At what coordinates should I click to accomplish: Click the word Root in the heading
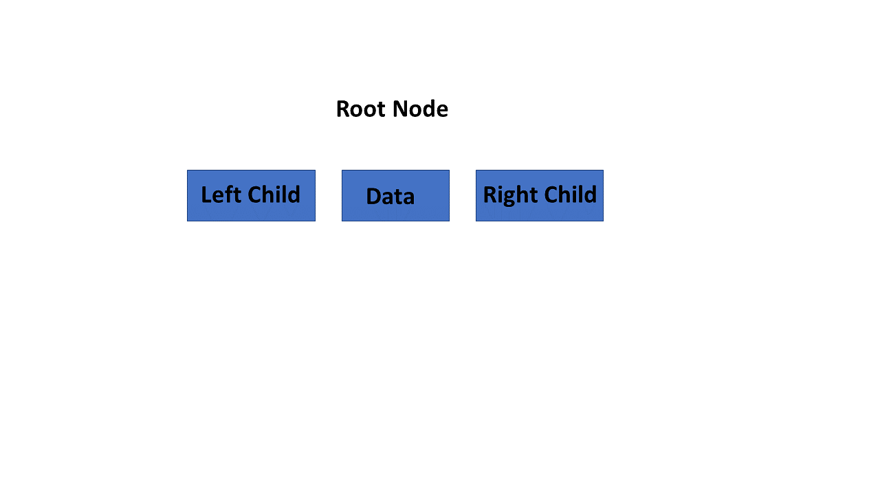point(361,109)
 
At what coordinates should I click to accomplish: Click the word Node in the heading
point(420,109)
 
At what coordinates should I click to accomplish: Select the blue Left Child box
point(251,196)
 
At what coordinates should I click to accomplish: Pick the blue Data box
point(395,196)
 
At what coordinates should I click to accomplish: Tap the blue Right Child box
point(540,196)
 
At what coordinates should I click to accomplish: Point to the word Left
point(221,195)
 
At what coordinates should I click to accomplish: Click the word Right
point(510,196)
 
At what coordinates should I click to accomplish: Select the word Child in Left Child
point(274,194)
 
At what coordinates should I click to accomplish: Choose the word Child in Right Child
point(571,194)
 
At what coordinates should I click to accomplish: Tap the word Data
point(390,197)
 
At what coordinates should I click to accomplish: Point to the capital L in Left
point(206,195)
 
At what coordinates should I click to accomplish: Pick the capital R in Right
point(490,194)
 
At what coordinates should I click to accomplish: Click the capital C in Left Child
point(254,195)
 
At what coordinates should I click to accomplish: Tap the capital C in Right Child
point(551,195)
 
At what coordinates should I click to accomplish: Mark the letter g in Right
point(510,199)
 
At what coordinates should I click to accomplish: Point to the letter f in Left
point(228,194)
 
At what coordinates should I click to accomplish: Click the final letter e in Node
point(442,111)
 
